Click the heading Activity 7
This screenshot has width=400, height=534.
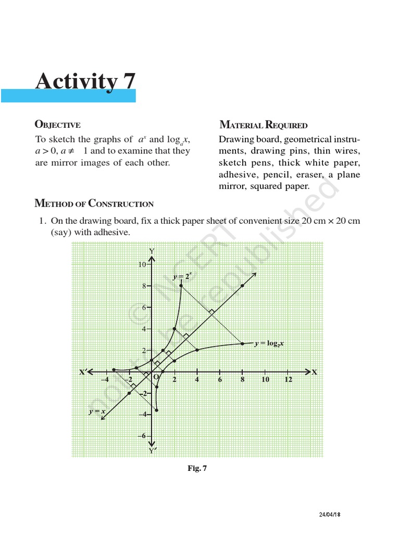coord(85,82)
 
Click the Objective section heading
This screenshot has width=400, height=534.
coord(57,125)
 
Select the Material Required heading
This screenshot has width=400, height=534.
coord(264,125)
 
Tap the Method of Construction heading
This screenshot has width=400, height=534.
coord(94,203)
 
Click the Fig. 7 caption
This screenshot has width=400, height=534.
coord(197,468)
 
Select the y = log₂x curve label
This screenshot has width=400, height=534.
coord(272,344)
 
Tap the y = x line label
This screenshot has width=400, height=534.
coord(97,411)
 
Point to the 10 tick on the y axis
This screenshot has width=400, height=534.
coord(142,264)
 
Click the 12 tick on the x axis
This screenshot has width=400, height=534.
coord(288,380)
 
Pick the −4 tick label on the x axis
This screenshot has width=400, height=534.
coord(106,380)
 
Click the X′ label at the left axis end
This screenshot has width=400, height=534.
coord(83,372)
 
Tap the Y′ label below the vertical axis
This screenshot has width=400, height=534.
coord(152,450)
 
